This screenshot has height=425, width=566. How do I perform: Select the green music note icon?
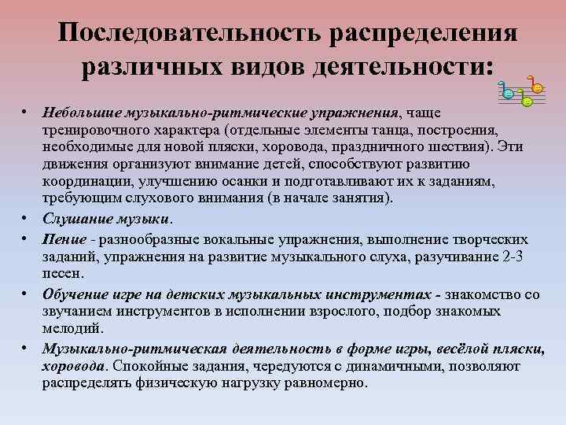(x=527, y=101)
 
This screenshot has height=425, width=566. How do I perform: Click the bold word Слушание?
(x=72, y=219)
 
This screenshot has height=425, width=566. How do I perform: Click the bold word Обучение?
(x=75, y=295)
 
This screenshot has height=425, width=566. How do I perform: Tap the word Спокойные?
(x=151, y=366)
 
